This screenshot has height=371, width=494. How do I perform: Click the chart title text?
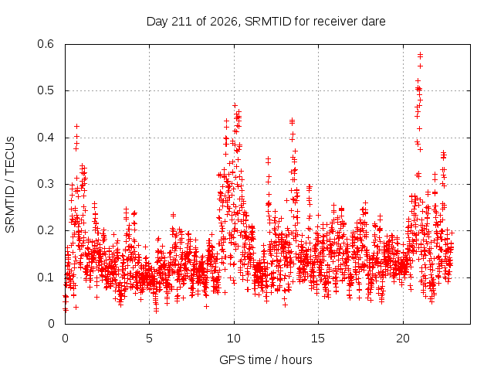click(266, 22)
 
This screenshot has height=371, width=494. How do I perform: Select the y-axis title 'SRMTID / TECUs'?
click(10, 185)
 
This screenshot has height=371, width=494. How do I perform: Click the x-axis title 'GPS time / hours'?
click(266, 359)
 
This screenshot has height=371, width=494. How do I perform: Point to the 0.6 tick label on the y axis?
click(46, 44)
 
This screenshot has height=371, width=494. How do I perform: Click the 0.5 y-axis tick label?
click(46, 90)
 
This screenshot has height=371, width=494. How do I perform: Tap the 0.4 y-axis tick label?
click(46, 138)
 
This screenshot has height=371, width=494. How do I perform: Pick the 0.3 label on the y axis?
click(46, 184)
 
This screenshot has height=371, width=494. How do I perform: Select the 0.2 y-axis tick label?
click(46, 230)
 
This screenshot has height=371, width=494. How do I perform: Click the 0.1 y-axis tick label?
click(46, 277)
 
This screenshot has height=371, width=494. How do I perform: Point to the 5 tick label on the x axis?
click(149, 339)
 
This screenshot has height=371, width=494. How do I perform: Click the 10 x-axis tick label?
click(234, 339)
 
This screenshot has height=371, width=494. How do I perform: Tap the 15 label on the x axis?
click(318, 339)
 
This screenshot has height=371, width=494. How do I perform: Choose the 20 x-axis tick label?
click(403, 339)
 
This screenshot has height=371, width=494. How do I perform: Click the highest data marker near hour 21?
click(420, 55)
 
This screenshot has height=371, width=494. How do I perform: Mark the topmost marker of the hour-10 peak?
click(235, 105)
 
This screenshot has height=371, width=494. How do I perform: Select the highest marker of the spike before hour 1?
click(76, 126)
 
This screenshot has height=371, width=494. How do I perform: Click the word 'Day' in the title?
click(157, 22)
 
